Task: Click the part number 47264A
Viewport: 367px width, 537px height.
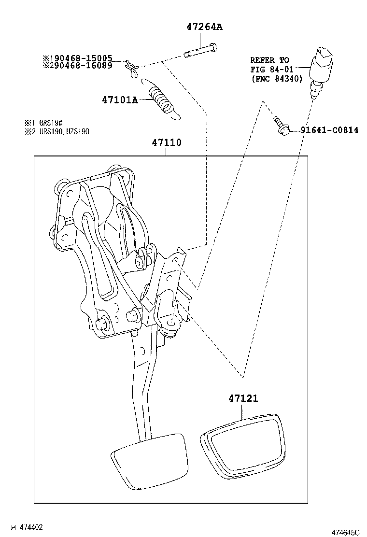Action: (x=204, y=27)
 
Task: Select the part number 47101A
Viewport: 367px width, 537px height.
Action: (x=120, y=100)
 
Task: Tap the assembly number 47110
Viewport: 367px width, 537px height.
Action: (x=167, y=143)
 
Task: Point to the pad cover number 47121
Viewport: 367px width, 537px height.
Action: (x=243, y=399)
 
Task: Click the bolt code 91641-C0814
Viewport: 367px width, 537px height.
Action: (x=329, y=130)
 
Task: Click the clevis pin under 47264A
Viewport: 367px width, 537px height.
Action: (x=201, y=50)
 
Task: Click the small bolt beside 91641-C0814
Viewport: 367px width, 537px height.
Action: (x=281, y=125)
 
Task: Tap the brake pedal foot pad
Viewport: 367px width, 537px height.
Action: (x=149, y=459)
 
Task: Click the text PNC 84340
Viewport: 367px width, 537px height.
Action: (x=277, y=79)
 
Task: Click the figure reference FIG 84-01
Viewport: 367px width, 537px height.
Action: (x=272, y=70)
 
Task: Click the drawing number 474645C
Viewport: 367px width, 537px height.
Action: (x=345, y=532)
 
